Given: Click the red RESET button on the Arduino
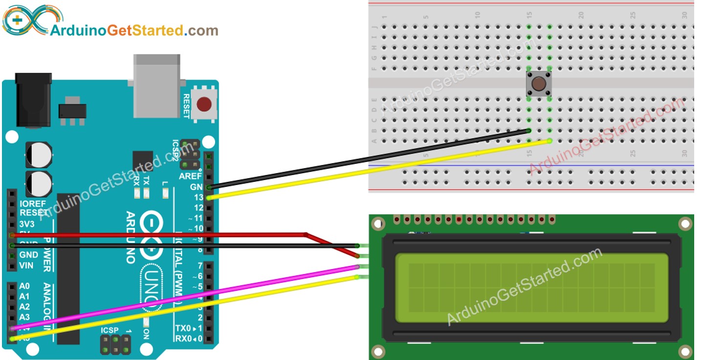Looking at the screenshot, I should click(204, 104).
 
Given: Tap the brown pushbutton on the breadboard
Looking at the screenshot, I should click(539, 84).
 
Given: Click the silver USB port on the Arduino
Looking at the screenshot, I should click(156, 86).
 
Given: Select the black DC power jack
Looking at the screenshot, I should click(33, 100).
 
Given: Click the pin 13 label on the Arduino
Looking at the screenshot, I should click(197, 197).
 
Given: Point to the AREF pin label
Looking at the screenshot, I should click(190, 176).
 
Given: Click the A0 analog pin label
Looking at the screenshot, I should click(24, 286).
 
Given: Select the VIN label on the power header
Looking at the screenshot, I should click(26, 266).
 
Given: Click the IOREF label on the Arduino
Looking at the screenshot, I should click(33, 203).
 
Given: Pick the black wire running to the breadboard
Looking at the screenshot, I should click(372, 158).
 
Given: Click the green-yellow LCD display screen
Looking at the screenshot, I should click(531, 288).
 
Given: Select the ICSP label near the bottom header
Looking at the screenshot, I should click(110, 330).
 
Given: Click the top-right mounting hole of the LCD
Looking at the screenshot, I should click(685, 225).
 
